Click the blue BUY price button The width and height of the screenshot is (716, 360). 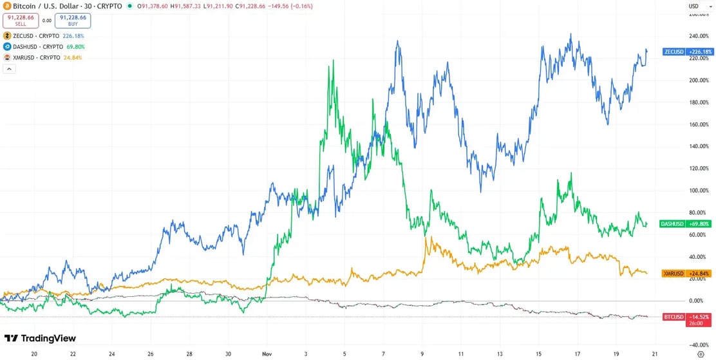pos(73,20)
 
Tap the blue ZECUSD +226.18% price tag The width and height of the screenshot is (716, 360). pos(687,52)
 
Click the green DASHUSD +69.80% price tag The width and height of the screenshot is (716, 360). pos(685,224)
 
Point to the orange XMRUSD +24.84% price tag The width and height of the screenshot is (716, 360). pos(686,274)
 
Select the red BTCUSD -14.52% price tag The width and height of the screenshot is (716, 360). pos(686,317)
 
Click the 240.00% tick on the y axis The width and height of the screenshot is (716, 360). pos(699,37)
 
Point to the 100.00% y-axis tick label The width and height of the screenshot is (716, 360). pos(699,191)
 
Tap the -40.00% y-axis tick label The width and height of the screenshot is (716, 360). pos(699,345)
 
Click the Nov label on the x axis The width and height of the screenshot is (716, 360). pos(267,354)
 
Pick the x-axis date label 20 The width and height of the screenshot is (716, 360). pos(34,354)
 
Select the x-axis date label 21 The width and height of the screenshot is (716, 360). pos(655,354)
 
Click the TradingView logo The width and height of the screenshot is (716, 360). pos(40,339)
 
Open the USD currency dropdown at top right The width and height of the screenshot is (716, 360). pos(695,6)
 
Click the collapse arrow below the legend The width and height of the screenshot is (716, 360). pos(10,70)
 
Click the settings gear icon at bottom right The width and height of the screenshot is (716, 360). pos(701,354)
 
